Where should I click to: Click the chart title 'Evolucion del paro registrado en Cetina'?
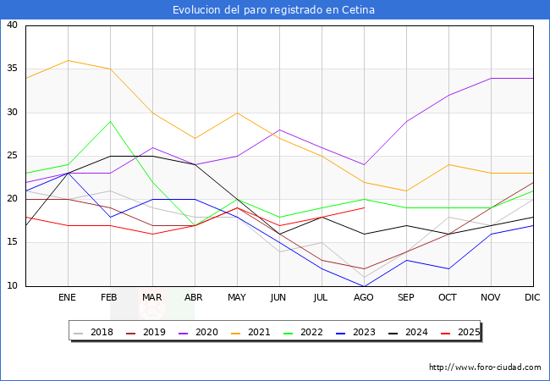274,10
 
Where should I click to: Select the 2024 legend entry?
410,332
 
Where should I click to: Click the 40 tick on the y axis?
12,25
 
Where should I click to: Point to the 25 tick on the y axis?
12,156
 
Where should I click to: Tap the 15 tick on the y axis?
12,243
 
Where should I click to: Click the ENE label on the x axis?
68,298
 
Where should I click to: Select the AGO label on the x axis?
364,298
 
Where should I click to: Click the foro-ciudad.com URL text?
485,367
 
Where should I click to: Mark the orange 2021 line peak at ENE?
68,60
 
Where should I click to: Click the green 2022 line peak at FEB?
110,121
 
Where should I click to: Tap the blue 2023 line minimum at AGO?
364,286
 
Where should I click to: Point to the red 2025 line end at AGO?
364,208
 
